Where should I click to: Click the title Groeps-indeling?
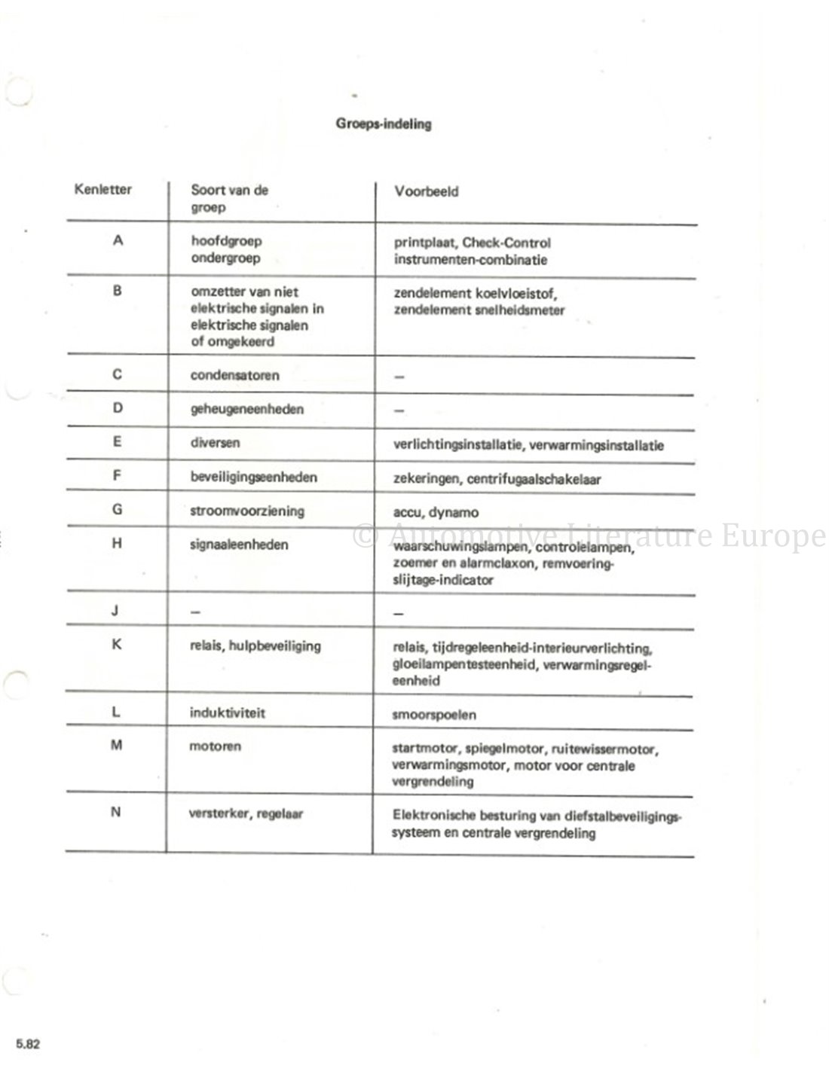coord(384,124)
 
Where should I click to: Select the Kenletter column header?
coord(102,189)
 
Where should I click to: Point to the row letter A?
coord(118,242)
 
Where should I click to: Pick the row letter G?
coord(117,509)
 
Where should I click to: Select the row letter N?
coord(115,813)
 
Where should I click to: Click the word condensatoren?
coord(234,375)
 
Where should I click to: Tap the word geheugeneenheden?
coord(246,409)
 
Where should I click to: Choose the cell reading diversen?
coord(215,442)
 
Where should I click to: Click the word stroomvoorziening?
coord(246,511)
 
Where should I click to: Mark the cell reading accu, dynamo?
coord(435,512)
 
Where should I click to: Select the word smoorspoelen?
coord(434,715)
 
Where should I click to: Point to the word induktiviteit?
coord(227,712)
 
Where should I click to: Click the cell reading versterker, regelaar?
coord(246,813)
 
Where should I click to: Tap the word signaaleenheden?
coord(239,544)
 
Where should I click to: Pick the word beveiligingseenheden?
coord(253,477)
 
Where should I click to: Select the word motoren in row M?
coord(215,746)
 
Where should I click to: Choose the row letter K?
coord(117,645)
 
